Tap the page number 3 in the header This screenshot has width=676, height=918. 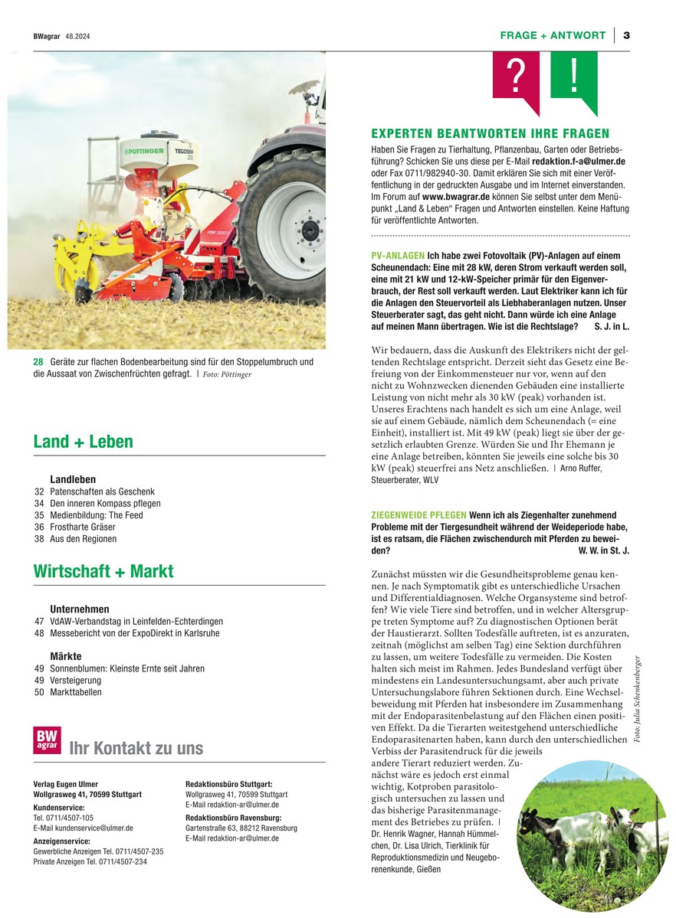626,35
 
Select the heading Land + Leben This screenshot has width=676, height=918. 83,442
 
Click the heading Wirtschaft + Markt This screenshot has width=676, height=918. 103,571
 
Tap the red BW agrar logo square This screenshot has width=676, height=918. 47,740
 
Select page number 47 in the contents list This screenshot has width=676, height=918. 39,622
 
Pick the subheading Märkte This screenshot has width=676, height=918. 66,657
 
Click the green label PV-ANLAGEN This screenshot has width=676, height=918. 397,255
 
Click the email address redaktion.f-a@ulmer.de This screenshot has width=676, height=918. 580,162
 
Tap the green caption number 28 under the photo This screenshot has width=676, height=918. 38,361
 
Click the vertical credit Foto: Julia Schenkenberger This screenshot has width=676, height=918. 637,697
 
